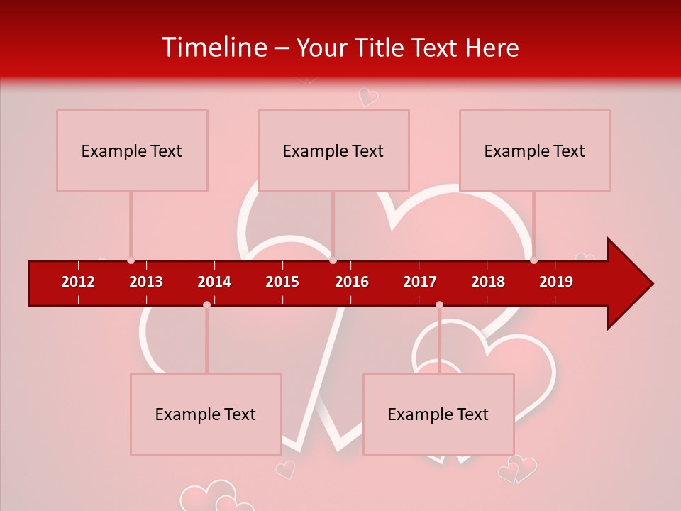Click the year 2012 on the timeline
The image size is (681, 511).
pos(78,282)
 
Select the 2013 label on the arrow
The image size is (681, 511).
pos(146,282)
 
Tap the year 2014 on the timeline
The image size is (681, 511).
pos(214,282)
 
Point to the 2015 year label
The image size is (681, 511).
pos(282,282)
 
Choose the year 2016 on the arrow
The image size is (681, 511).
pos(352,282)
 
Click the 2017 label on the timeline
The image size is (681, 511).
pos(420,282)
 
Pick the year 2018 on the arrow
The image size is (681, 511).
pos(488,282)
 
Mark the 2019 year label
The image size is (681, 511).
pos(556,282)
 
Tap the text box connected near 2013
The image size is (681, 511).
pos(132,150)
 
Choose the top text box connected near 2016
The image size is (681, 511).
pos(333,150)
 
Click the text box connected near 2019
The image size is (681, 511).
pos(535,150)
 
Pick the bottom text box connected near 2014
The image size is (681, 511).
pos(206,414)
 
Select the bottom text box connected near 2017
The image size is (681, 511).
pos(438,414)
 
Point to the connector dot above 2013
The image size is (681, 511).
pos(131,260)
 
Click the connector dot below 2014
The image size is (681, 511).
pos(206,304)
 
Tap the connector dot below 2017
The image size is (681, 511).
pos(439,304)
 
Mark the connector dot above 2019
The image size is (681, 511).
pos(533,260)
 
